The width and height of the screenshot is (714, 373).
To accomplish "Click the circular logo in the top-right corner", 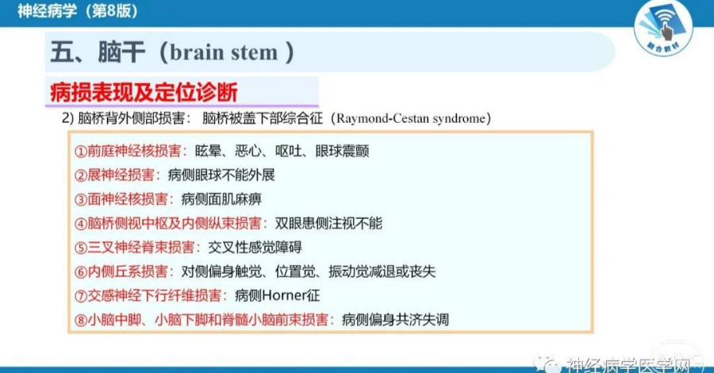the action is click(663, 29).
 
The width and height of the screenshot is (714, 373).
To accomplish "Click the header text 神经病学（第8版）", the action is click(78, 11).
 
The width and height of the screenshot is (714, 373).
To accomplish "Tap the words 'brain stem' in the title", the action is click(224, 53).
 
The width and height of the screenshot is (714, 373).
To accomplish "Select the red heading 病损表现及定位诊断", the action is click(144, 92).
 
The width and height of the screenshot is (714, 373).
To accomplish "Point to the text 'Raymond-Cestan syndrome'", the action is click(411, 118).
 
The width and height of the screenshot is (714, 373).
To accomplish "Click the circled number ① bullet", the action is click(81, 152).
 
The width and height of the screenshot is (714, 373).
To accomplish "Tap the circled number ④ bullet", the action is click(81, 224).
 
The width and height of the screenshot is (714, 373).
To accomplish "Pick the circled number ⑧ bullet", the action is click(81, 320).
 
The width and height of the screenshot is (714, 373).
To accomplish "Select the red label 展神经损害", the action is click(121, 175).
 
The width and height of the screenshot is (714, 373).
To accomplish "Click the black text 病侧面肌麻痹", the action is click(221, 199).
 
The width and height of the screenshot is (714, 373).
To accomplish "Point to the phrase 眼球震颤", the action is click(342, 152).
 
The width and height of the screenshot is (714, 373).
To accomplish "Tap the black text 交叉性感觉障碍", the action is click(255, 248).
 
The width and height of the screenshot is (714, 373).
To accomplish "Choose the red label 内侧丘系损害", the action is click(128, 272).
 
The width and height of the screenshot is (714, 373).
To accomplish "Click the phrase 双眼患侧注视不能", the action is click(328, 224).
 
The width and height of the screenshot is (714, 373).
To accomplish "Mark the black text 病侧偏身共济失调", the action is click(395, 320).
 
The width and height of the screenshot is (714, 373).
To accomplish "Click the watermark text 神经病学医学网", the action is click(629, 364).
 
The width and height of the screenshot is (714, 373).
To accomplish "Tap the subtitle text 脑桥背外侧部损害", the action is click(131, 118).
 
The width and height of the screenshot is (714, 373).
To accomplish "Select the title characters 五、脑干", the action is click(98, 52).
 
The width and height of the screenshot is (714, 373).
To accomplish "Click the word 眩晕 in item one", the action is click(208, 152).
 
